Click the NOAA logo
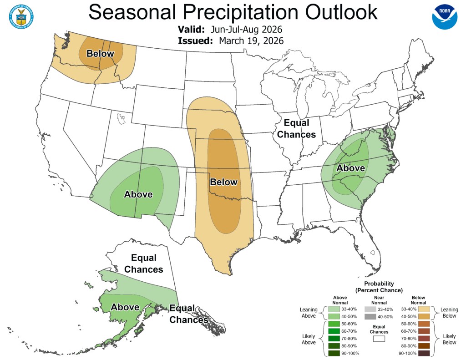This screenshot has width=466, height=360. point(444,17)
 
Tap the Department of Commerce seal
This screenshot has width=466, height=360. point(20,16)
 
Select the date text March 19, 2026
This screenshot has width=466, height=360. point(251,41)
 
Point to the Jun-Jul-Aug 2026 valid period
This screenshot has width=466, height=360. point(247,30)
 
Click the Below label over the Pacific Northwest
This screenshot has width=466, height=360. point(100,54)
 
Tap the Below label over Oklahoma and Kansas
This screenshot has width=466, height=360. point(223,182)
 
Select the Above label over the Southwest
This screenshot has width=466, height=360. point(138,194)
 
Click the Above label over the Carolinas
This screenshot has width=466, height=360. point(350,168)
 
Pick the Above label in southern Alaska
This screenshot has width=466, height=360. point(125,307)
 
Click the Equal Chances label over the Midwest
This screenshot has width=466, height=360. point(296,128)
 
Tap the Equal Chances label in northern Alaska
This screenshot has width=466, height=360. point(143,264)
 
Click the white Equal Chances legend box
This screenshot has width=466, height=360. point(379,338)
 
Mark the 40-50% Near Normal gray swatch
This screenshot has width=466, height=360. point(369,316)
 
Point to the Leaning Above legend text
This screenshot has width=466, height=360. point(309,312)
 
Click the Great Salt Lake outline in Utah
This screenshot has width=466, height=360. point(121,120)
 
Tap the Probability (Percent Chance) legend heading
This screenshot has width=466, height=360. point(379,287)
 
